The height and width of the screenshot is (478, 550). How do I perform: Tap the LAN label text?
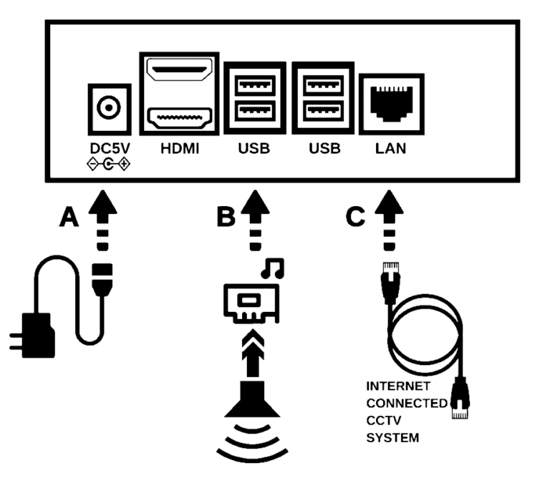coord(390,150)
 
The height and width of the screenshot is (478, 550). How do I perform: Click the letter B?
coord(226,218)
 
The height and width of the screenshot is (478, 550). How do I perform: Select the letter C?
coord(355,218)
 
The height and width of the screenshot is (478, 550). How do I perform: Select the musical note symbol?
coord(275,268)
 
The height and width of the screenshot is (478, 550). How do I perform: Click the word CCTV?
coord(384,421)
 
